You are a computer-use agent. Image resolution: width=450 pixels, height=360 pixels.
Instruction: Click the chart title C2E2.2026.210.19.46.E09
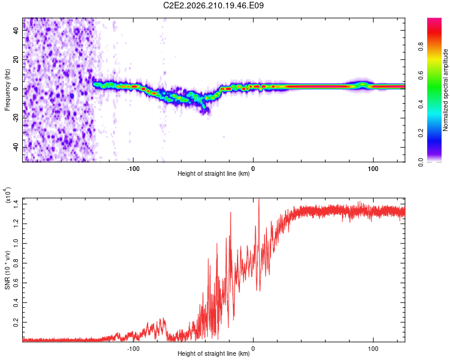click(213, 5)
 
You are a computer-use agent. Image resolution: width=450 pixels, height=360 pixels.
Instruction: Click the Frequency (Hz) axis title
click(7, 90)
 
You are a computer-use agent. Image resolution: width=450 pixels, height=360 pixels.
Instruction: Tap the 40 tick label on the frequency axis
click(16, 30)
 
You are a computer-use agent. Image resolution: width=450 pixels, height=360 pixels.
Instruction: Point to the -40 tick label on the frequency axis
click(16, 146)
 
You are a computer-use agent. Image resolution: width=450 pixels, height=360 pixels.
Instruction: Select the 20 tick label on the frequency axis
click(16, 59)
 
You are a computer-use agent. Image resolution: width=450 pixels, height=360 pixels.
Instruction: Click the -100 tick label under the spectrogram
click(133, 169)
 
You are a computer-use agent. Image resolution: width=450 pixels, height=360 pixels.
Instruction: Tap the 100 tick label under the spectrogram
click(373, 169)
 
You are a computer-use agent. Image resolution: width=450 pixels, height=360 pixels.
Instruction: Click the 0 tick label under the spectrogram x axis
click(253, 169)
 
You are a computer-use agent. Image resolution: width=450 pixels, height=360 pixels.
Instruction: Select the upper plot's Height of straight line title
click(214, 173)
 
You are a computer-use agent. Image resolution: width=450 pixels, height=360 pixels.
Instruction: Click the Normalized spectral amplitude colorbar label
click(445, 90)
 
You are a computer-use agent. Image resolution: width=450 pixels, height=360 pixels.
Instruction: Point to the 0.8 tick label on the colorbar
click(421, 47)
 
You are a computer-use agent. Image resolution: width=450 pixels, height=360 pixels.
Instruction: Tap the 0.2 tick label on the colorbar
click(421, 133)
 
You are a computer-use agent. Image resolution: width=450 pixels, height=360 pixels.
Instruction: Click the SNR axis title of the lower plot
click(7, 270)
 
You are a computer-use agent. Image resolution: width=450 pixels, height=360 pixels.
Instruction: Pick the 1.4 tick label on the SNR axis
click(16, 204)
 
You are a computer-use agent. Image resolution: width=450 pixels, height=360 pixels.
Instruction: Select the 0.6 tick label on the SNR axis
click(16, 283)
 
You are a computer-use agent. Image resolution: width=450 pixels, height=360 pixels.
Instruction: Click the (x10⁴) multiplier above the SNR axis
click(8, 195)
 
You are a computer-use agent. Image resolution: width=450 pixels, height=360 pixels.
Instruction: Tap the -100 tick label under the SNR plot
click(133, 349)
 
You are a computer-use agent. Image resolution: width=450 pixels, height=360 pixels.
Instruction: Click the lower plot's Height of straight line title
click(214, 353)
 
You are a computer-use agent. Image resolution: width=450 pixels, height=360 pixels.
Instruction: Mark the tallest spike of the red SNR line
click(259, 199)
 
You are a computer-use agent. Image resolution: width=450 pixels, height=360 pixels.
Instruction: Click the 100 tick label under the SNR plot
click(373, 349)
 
